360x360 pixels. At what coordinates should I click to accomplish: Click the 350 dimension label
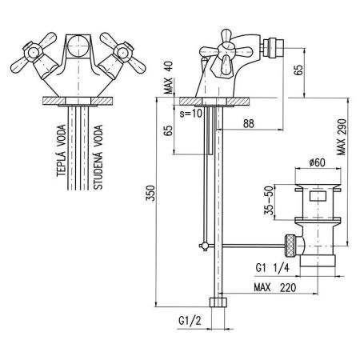(151, 193)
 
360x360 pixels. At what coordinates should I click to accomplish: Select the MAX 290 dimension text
(341, 137)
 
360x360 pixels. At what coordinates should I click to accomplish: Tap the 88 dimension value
(249, 124)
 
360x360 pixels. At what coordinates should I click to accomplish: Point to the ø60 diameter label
(318, 162)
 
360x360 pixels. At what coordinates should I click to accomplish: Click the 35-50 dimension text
(269, 200)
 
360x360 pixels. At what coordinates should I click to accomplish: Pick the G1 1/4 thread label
(272, 268)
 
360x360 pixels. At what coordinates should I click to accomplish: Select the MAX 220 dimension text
(275, 287)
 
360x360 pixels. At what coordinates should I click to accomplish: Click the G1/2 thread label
(190, 321)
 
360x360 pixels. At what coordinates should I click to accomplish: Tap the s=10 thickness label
(191, 114)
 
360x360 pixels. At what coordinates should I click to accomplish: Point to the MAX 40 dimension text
(168, 78)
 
